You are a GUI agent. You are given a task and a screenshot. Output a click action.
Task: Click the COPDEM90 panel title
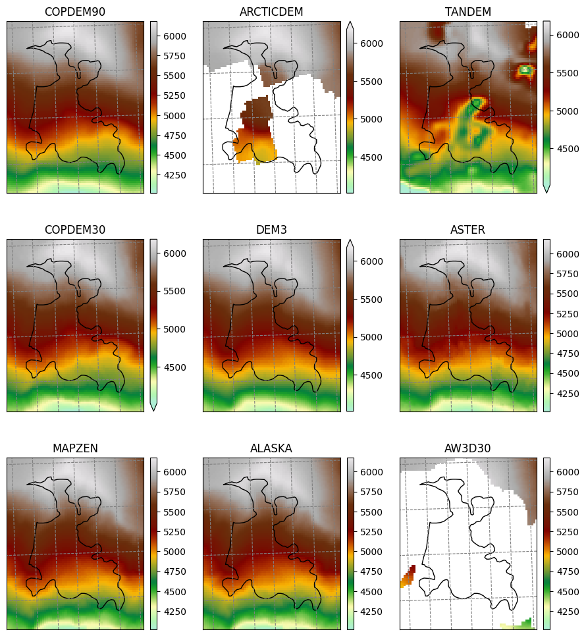(x=75, y=12)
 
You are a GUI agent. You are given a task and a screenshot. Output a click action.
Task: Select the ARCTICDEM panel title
(x=271, y=12)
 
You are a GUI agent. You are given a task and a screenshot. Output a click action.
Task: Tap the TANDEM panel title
(x=468, y=12)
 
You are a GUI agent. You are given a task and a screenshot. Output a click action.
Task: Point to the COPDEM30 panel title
(x=75, y=230)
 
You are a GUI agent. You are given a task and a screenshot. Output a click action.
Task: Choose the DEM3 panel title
(x=271, y=230)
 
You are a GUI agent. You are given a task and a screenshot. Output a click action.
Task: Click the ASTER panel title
(x=468, y=230)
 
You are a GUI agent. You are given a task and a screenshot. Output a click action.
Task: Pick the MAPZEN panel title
(x=75, y=448)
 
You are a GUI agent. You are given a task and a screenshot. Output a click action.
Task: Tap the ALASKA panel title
(x=271, y=448)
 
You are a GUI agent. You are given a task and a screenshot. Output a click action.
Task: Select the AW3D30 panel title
(x=468, y=448)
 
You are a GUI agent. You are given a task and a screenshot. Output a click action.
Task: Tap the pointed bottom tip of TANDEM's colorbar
(x=546, y=192)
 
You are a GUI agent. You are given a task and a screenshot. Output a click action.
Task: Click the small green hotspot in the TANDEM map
(x=525, y=69)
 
